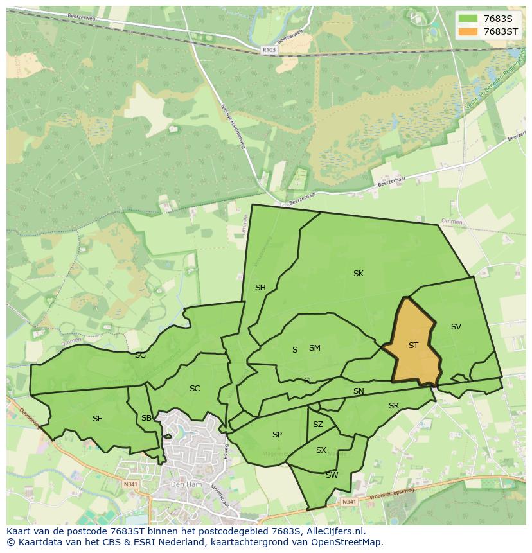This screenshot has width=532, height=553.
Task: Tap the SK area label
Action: [359, 274]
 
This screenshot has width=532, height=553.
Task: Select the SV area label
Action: [456, 327]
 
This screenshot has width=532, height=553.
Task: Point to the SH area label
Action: [260, 288]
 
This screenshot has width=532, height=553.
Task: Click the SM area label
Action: [314, 348]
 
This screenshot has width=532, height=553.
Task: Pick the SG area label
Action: [140, 355]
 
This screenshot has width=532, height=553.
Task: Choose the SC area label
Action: [195, 389]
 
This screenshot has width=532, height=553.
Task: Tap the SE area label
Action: [97, 419]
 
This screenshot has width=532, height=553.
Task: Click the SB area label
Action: [146, 418]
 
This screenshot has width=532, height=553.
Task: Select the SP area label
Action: [277, 435]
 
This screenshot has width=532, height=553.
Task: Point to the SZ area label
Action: [318, 425]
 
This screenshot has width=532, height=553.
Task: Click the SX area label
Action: [321, 450]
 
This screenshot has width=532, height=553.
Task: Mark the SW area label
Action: [332, 475]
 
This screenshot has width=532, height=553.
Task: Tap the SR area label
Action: [394, 406]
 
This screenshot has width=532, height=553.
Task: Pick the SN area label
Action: [359, 391]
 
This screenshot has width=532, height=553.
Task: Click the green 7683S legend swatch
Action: [468, 18]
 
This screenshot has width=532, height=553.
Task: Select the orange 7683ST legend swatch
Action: [468, 31]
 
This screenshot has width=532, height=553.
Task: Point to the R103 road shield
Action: [269, 49]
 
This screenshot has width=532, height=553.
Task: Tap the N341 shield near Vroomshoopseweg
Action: [349, 502]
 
